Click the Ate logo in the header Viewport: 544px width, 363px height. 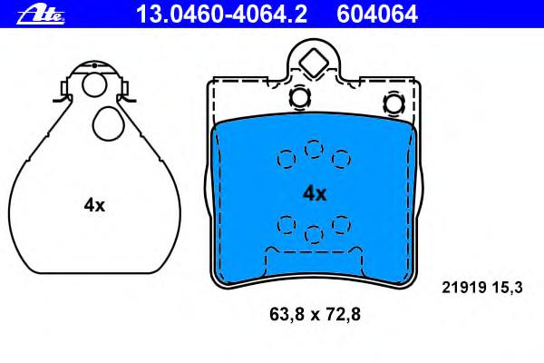pos(41,15)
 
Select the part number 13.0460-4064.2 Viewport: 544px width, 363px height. pos(222,15)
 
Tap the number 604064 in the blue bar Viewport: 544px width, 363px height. pos(377,15)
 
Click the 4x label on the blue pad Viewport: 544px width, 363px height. pos(315,193)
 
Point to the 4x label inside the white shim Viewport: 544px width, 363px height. pos(94,205)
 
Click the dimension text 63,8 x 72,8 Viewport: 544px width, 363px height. pos(315,314)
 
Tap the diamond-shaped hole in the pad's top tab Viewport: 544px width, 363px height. pos(314,63)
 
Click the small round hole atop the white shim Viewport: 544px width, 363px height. pos(94,85)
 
